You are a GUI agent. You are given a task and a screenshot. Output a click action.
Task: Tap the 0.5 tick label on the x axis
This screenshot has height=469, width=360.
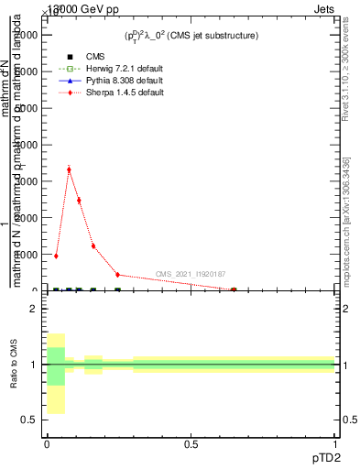[x=191, y=443]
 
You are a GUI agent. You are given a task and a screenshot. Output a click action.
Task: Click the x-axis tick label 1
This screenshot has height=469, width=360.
[x=335, y=443]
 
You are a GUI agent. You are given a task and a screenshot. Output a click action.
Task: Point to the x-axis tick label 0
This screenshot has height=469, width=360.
[x=47, y=443]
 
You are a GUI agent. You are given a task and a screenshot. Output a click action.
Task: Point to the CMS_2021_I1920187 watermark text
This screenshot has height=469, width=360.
[x=191, y=274]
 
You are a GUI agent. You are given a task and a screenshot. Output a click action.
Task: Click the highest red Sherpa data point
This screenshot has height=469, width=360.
[x=69, y=169]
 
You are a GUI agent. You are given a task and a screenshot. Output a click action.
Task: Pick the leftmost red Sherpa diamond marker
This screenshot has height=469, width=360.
[x=56, y=256]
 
